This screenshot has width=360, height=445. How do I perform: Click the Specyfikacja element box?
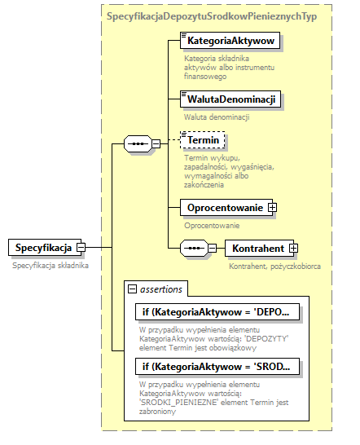tap(42, 247)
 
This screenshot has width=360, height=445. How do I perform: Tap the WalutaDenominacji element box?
tap(230, 99)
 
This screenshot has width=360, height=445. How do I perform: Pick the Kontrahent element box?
tap(257, 248)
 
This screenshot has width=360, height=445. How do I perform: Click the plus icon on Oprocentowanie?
tap(273, 208)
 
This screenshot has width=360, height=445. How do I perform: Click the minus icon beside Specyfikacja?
tap(81, 247)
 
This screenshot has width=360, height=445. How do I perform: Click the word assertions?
tap(161, 288)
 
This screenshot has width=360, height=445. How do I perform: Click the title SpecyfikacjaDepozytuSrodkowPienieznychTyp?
tap(212, 16)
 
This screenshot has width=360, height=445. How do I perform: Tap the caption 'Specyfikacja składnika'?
tap(49, 265)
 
